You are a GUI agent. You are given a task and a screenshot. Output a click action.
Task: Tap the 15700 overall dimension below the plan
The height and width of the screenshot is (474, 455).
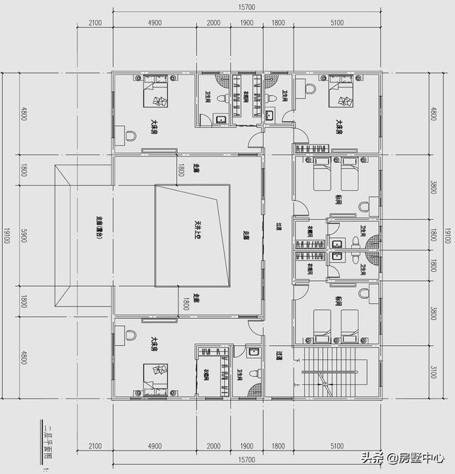pyautogui.click(x=247, y=460)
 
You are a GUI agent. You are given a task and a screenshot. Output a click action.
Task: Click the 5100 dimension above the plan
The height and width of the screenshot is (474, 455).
pyautogui.click(x=337, y=23)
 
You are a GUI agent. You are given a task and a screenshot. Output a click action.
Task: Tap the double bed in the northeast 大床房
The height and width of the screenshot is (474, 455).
pyautogui.click(x=340, y=92)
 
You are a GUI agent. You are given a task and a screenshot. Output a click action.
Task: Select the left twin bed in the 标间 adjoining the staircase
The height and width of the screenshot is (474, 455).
pyautogui.click(x=321, y=322)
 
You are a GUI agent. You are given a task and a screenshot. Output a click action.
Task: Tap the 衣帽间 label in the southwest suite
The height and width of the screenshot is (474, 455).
pyautogui.click(x=205, y=374)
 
